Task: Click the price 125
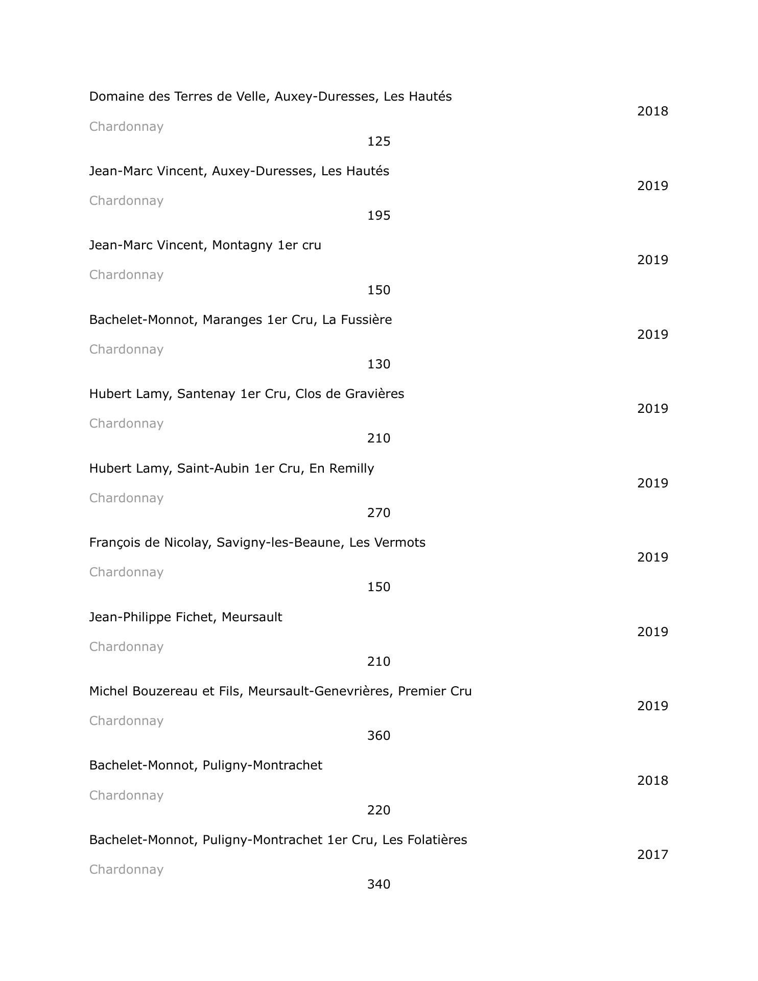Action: tap(378, 142)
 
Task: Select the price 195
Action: tap(378, 216)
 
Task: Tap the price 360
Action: tap(378, 736)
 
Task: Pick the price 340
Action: tap(378, 884)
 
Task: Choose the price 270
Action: tap(378, 513)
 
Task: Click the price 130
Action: tap(378, 364)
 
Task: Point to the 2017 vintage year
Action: tap(652, 855)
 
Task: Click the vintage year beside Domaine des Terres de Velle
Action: tap(652, 111)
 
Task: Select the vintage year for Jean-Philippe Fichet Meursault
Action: tap(652, 632)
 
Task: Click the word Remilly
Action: tap(351, 469)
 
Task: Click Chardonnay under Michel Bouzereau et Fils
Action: tap(126, 721)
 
